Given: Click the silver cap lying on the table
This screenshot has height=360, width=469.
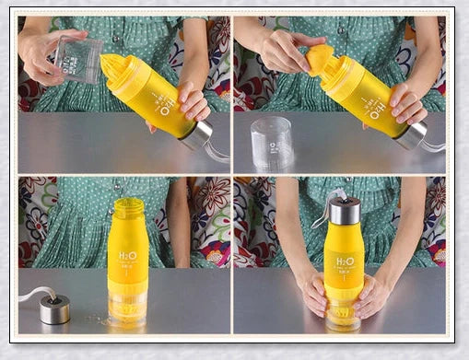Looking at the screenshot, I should point(55,310).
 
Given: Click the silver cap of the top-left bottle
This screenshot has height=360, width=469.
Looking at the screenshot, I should point(196,134).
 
